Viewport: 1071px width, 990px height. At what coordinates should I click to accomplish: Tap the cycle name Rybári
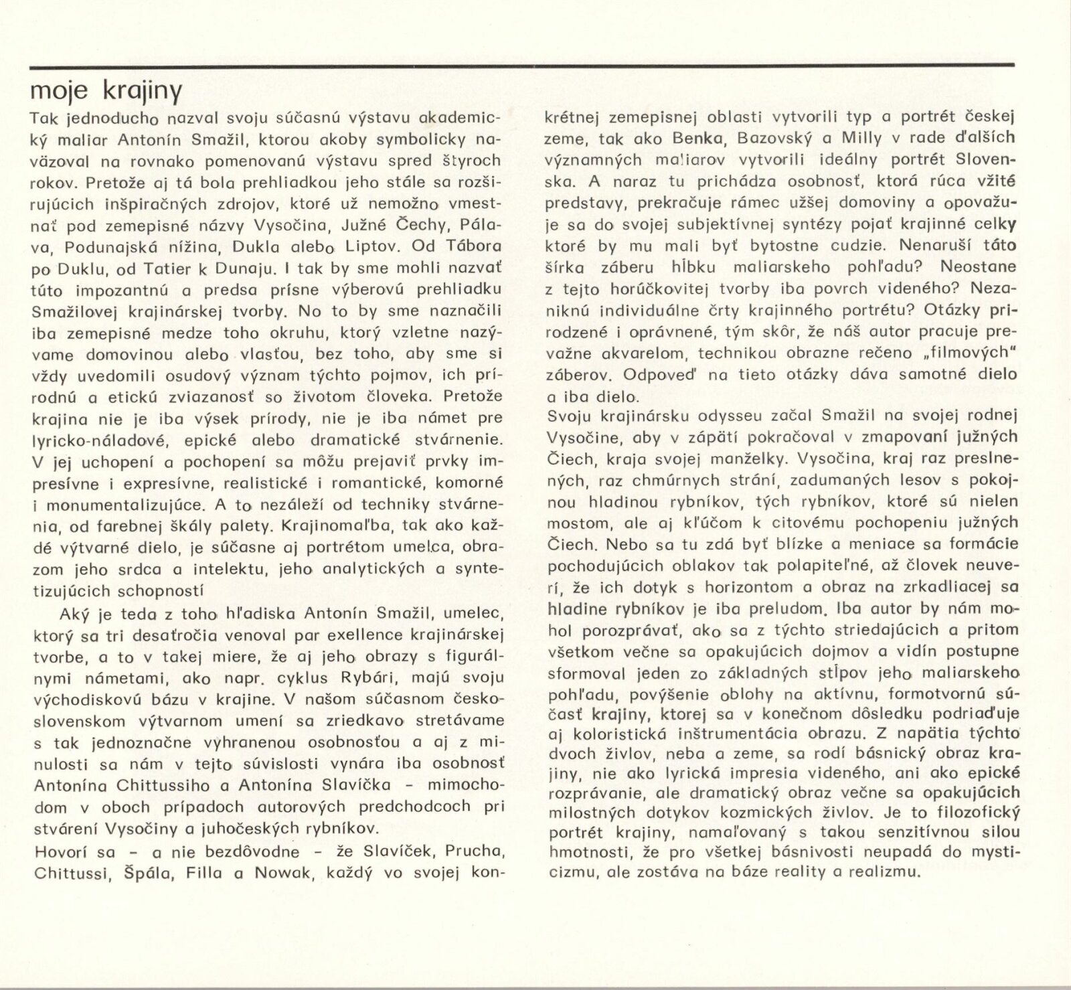click(x=369, y=677)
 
